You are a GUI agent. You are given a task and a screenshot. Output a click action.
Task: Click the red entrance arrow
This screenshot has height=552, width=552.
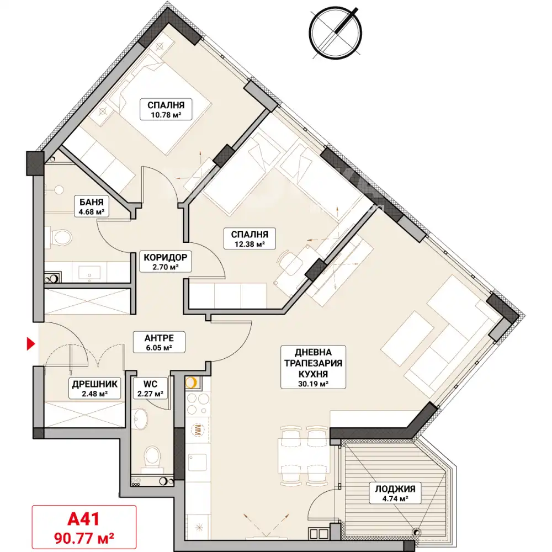click(31, 343)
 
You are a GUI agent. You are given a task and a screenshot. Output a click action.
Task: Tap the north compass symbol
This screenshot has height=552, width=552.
click(336, 32)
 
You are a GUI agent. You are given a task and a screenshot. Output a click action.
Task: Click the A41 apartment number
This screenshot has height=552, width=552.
click(83, 519)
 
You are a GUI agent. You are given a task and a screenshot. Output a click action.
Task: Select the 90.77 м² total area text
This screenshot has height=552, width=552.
click(84, 538)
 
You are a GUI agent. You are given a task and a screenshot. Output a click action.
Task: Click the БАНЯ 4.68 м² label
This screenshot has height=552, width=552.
click(91, 206)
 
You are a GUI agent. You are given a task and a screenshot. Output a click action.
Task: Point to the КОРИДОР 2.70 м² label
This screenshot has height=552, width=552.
click(166, 262)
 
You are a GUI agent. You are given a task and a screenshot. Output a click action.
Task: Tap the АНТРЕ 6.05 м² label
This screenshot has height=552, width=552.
click(159, 342)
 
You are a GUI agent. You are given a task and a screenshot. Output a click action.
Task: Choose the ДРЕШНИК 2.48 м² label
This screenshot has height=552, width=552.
click(95, 388)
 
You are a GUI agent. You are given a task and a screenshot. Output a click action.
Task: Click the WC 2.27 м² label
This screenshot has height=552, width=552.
click(150, 388)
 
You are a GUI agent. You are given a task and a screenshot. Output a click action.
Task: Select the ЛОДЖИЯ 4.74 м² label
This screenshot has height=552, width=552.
click(395, 493)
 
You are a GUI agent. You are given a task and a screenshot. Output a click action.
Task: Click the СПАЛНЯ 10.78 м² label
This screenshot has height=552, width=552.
click(166, 109)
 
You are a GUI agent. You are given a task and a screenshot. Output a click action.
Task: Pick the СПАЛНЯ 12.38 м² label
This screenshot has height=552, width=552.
click(250, 238)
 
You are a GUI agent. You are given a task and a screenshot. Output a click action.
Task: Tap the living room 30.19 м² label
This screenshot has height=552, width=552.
click(314, 368)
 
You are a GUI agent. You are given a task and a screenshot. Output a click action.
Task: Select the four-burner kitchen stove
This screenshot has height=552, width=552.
click(198, 404)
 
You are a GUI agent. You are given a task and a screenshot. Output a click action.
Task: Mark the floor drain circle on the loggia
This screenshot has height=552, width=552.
click(417, 533)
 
